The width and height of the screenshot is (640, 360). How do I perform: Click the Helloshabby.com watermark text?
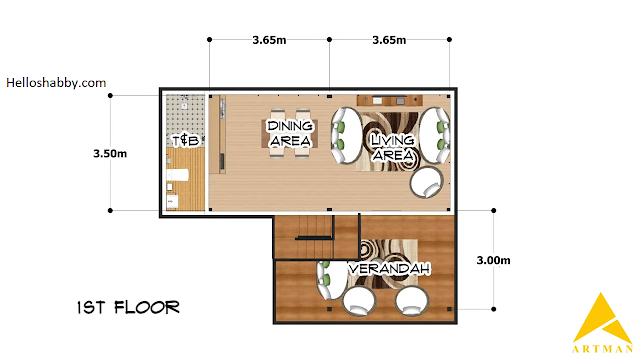click(56, 83)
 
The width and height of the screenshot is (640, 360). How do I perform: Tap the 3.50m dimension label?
click(110, 153)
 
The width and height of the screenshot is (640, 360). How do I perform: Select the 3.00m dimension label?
click(493, 260)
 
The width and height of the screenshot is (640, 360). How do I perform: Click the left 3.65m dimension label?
click(269, 40)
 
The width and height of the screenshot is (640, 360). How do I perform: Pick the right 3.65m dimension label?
click(389, 40)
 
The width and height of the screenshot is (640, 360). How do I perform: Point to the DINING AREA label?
click(290, 133)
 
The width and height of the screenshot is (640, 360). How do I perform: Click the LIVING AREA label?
click(392, 147)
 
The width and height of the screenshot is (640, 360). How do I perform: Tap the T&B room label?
click(185, 140)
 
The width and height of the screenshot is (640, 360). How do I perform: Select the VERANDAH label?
click(389, 269)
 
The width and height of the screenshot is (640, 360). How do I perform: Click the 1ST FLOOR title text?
click(128, 307)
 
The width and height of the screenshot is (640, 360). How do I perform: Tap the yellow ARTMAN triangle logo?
click(602, 318)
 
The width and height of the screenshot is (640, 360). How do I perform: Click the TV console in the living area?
click(390, 100)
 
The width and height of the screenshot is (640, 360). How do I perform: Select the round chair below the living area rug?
click(427, 182)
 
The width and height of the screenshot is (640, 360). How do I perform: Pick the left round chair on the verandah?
click(358, 301)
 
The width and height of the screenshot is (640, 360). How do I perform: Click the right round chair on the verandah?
click(412, 301)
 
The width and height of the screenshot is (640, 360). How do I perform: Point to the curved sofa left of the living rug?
click(346, 136)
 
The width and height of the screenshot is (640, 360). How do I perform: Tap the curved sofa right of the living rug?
click(435, 135)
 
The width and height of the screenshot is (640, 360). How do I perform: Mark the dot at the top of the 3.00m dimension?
click(493, 211)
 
